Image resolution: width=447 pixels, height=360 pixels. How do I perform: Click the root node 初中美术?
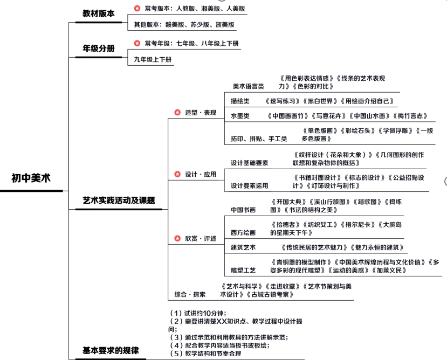31,178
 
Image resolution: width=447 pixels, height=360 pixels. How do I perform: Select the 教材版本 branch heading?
99,13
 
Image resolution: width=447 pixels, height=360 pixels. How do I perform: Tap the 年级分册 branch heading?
99,49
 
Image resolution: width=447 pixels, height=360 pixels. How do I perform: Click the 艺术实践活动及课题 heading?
119,200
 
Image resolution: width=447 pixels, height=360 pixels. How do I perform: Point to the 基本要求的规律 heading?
111,350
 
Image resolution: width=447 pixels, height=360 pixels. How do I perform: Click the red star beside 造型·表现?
177,113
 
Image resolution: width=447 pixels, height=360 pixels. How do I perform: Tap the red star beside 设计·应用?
177,174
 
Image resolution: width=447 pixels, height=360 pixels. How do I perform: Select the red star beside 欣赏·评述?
177,238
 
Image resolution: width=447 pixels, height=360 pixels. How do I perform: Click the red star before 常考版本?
137,9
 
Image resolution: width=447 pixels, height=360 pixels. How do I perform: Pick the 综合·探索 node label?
190,294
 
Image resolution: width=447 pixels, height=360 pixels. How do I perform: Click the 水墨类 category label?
240,116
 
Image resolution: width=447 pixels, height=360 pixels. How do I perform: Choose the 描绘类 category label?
240,101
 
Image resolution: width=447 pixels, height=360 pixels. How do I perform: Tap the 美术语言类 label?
248,86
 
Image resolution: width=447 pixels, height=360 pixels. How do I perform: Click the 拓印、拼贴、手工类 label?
259,139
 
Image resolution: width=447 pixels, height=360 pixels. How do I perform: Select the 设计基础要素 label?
250,163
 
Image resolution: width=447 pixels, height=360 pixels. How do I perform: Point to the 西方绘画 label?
243,233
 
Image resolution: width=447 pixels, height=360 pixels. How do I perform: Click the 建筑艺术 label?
243,247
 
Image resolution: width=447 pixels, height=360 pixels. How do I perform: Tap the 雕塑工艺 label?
243,270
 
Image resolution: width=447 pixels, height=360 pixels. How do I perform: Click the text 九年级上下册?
153,59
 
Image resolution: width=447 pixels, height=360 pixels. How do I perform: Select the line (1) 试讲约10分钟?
197,313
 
